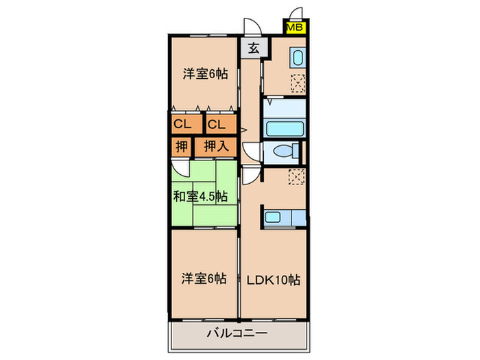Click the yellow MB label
[296, 28]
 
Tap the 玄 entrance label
[253, 48]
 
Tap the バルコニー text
[237, 334]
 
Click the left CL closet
[182, 124]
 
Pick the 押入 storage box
[217, 146]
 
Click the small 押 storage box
[181, 146]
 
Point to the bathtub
[283, 129]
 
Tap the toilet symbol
[283, 152]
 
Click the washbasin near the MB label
[297, 57]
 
